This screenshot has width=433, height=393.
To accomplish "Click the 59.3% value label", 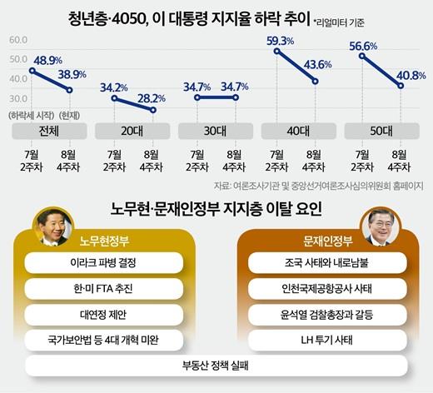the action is tap(280, 42).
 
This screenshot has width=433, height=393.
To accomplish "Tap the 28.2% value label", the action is tap(152, 98).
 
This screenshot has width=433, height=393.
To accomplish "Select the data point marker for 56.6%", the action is tap(362, 56).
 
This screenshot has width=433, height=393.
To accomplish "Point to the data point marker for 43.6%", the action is tap(315, 82).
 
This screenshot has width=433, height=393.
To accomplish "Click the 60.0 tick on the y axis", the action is tap(18, 40).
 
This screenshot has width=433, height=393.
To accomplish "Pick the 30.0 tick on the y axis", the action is tap(18, 99).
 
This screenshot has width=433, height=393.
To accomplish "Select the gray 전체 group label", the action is tap(49, 131).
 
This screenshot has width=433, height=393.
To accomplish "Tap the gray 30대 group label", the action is tap(216, 131).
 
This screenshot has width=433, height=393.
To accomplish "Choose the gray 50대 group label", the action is tap(381, 131).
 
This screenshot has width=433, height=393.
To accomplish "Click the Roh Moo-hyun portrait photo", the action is tap(53, 226).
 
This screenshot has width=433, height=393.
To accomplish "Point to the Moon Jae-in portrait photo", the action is tap(381, 226).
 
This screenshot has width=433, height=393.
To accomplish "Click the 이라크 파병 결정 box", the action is tap(103, 262).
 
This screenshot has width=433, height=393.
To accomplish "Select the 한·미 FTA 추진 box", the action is tap(103, 289).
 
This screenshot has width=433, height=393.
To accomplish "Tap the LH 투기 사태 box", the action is tap(327, 341).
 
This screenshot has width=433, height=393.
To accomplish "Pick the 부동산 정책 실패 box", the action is tap(216, 366).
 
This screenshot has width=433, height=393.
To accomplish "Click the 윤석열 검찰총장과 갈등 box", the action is tap(327, 315).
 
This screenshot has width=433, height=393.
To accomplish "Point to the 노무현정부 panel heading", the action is tap(104, 241).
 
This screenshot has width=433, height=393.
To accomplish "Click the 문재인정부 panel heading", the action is tap(328, 241).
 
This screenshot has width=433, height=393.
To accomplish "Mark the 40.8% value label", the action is tap(411, 76).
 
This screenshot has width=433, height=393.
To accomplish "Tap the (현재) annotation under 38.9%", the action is tap(70, 115).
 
